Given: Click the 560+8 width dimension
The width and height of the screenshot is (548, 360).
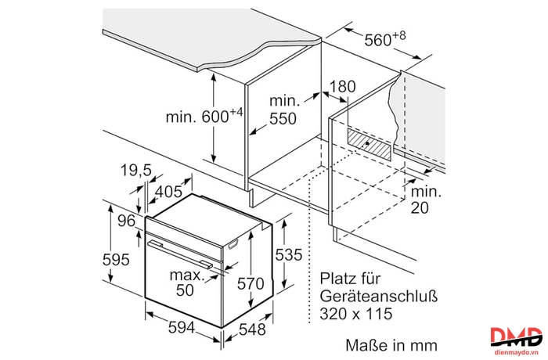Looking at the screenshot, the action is [385, 39].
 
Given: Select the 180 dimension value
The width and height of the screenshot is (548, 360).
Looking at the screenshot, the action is [342, 86].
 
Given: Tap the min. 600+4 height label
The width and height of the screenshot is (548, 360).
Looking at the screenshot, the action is [204, 116].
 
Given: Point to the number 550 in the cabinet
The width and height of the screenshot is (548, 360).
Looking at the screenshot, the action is [283, 119].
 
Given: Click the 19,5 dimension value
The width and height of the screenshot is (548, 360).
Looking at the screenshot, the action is [136, 170].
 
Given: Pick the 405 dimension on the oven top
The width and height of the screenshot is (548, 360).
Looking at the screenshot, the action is [169, 192].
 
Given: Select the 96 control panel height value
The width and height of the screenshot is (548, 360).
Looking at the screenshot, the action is [126, 221].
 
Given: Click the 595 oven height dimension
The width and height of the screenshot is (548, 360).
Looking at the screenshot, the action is [116, 259].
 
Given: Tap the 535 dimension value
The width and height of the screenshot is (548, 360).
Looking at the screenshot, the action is [288, 255].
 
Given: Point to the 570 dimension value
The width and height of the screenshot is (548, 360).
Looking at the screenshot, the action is [251, 283].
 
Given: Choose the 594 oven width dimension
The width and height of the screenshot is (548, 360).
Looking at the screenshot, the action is [182, 327].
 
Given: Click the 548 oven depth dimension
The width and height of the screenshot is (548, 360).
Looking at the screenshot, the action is [252, 329].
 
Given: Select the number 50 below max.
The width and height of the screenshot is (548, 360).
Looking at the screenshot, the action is [185, 290].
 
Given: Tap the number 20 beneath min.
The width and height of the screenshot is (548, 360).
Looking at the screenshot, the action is [420, 208].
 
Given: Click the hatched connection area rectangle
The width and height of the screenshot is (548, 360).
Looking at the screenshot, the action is [369, 144].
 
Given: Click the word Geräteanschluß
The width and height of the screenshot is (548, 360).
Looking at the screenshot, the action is [378, 297].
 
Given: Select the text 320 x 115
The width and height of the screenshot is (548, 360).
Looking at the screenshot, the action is [355, 314].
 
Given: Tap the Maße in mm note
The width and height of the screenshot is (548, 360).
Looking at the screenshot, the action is [391, 345].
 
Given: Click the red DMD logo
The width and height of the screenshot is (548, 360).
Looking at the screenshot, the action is [516, 337].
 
